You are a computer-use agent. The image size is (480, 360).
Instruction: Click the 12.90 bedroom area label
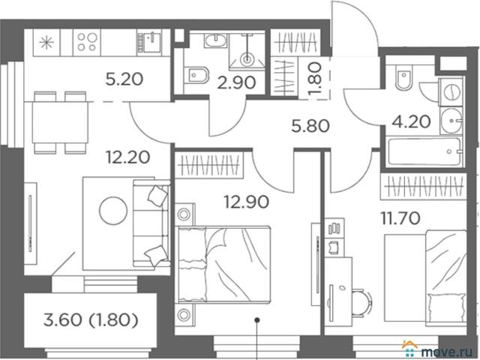247,202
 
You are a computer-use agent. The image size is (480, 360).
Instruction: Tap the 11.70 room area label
400,218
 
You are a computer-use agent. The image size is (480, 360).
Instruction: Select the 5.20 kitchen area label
124,79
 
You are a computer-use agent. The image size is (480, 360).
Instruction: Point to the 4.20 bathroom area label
412,121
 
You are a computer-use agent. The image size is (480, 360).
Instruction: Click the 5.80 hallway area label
310,126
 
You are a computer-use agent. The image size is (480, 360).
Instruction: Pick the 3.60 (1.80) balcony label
91,320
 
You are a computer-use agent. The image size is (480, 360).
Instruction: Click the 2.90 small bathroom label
236,82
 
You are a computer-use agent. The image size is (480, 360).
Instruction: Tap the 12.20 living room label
128,157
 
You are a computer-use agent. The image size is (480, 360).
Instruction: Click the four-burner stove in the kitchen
87,42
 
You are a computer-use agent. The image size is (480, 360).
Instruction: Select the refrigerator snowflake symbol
47,43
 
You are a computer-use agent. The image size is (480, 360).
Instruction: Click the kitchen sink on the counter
148,42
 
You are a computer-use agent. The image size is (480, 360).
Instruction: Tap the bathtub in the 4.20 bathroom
424,152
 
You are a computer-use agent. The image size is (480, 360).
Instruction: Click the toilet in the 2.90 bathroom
196,76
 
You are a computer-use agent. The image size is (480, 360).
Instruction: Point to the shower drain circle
247,58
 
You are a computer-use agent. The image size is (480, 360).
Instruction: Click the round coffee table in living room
113,211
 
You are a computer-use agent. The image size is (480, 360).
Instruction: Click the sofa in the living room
151,223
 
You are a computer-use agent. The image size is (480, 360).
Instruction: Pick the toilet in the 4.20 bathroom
403,79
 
